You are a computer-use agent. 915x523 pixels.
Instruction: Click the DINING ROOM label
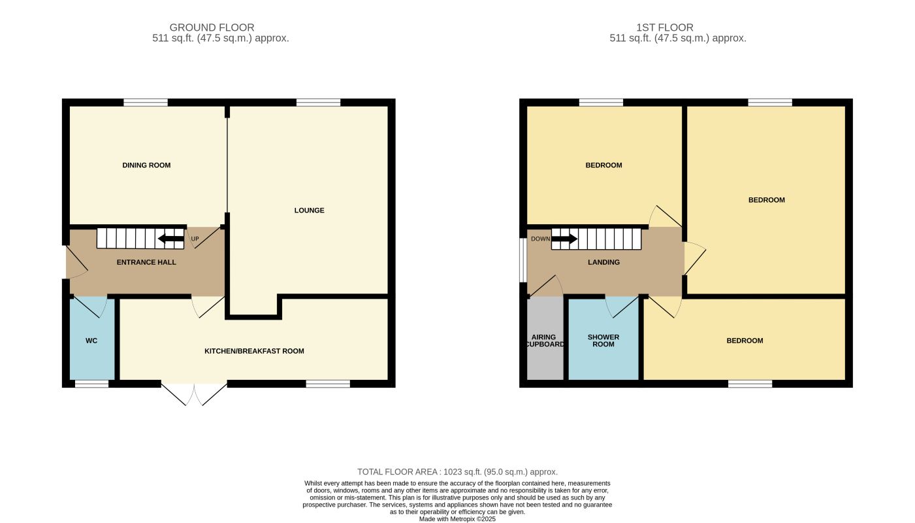click(x=146, y=165)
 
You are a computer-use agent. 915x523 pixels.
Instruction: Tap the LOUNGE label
click(x=309, y=211)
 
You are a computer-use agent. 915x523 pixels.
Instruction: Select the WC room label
click(x=91, y=341)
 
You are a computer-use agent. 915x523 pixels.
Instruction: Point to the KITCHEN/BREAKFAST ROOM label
click(x=254, y=351)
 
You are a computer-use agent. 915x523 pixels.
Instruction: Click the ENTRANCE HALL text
click(x=146, y=262)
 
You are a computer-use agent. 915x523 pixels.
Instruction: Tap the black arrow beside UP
click(x=170, y=239)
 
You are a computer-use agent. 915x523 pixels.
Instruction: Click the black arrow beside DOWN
click(x=564, y=239)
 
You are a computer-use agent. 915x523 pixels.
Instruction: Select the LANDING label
click(x=603, y=262)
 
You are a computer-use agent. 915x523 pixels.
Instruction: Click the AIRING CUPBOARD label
click(x=543, y=341)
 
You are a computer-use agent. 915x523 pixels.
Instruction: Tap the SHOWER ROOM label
click(x=603, y=341)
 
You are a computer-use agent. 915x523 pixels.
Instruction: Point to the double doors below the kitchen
click(x=194, y=394)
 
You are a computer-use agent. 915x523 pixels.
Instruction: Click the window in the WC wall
click(x=91, y=384)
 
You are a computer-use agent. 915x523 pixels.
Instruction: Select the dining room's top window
click(x=146, y=102)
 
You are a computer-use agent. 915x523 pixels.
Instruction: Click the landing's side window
click(x=523, y=260)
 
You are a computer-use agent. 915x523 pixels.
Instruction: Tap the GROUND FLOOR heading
click(x=212, y=27)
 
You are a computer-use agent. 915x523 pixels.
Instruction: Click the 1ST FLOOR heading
click(x=665, y=27)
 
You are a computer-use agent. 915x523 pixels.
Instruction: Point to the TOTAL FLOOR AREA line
click(x=457, y=471)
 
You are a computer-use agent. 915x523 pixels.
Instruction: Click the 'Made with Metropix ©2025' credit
click(x=457, y=519)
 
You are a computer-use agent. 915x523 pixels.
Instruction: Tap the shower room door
click(x=621, y=305)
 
